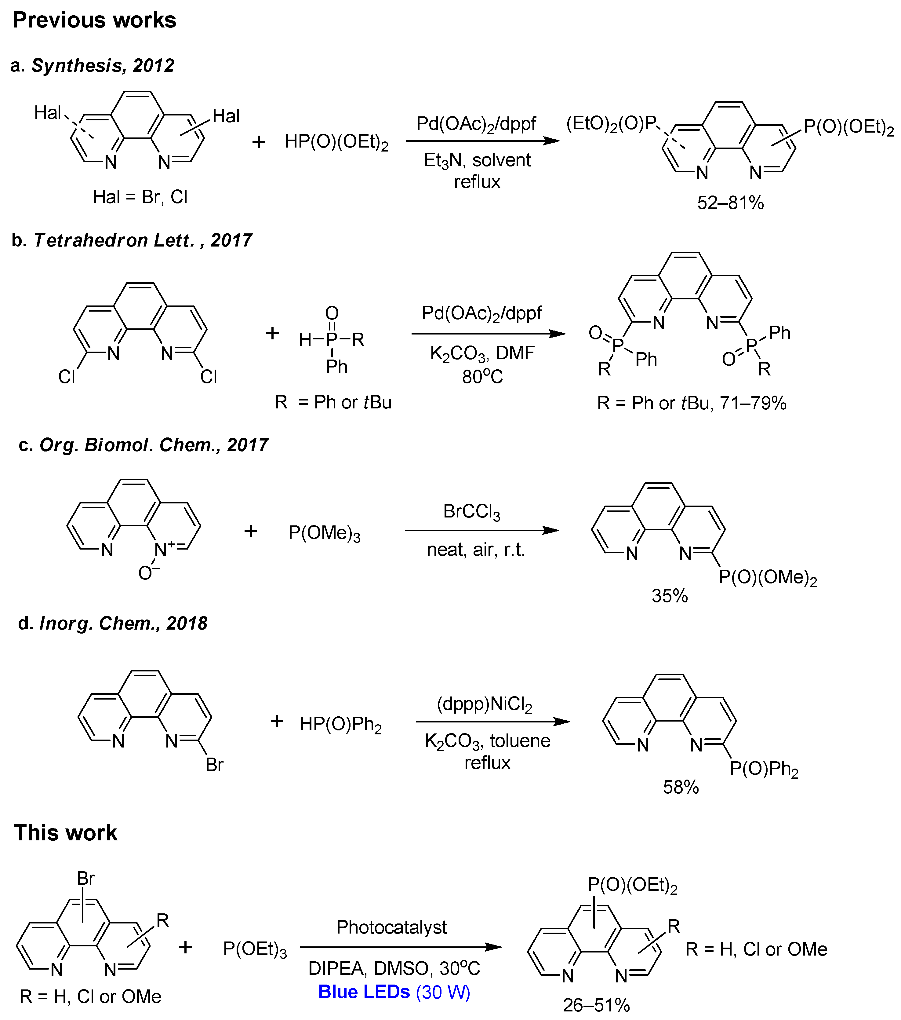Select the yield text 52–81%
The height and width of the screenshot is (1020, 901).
(730, 203)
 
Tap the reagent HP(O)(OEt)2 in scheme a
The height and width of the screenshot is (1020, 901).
(336, 142)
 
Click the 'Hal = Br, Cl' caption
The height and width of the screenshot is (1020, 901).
(140, 197)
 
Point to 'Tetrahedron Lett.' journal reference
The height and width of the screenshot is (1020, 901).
(114, 240)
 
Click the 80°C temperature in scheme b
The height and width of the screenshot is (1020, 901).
(482, 376)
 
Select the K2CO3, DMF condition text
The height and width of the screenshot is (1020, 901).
(482, 353)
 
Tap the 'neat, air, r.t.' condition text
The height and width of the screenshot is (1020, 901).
(475, 550)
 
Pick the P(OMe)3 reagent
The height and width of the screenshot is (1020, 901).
(324, 533)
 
